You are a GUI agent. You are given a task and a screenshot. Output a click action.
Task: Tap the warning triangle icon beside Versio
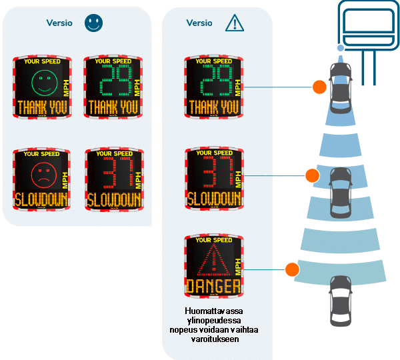[x=235, y=24]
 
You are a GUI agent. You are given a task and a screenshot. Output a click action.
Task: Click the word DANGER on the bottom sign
[x=213, y=287]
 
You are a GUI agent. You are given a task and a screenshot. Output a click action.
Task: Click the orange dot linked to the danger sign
[x=291, y=269]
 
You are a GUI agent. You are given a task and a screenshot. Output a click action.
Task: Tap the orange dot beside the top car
[x=321, y=86]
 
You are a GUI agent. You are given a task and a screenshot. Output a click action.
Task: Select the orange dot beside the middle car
[x=311, y=176]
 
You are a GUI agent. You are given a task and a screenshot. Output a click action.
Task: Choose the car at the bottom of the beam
[x=340, y=297]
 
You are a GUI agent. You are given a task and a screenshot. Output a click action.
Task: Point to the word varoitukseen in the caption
[x=213, y=339]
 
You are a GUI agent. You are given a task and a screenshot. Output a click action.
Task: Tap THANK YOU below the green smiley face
[x=41, y=107]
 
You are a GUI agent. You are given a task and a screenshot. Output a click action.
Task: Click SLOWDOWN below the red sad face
[x=41, y=199]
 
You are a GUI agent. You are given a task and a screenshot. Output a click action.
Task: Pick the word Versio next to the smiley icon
[x=60, y=23]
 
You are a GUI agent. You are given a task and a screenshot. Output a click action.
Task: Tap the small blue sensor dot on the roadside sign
[x=341, y=48]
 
